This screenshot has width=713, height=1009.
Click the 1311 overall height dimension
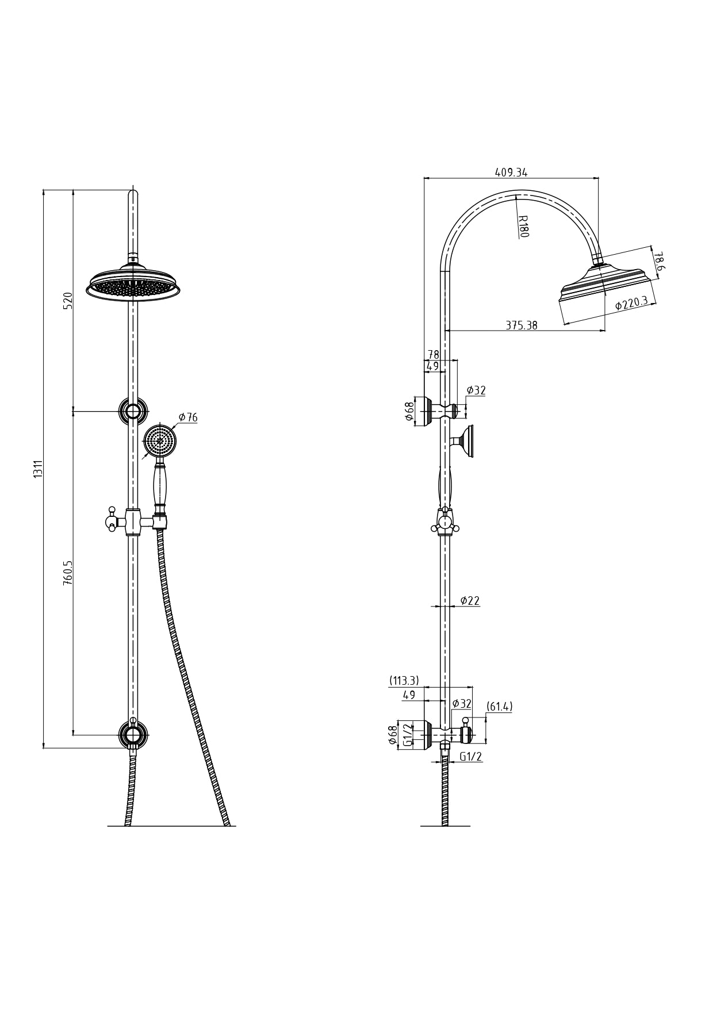pyautogui.click(x=38, y=469)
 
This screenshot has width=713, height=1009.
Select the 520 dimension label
pyautogui.click(x=68, y=301)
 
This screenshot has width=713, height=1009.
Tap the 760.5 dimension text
pyautogui.click(x=68, y=573)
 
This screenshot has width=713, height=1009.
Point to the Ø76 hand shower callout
pyautogui.click(x=188, y=417)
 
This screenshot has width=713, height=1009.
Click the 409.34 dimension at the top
pyautogui.click(x=511, y=172)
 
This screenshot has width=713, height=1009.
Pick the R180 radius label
pyautogui.click(x=523, y=227)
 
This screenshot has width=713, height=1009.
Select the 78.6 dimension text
pyautogui.click(x=659, y=260)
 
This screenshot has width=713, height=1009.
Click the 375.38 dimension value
pyautogui.click(x=522, y=325)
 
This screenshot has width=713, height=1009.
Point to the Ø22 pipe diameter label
pyautogui.click(x=470, y=601)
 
